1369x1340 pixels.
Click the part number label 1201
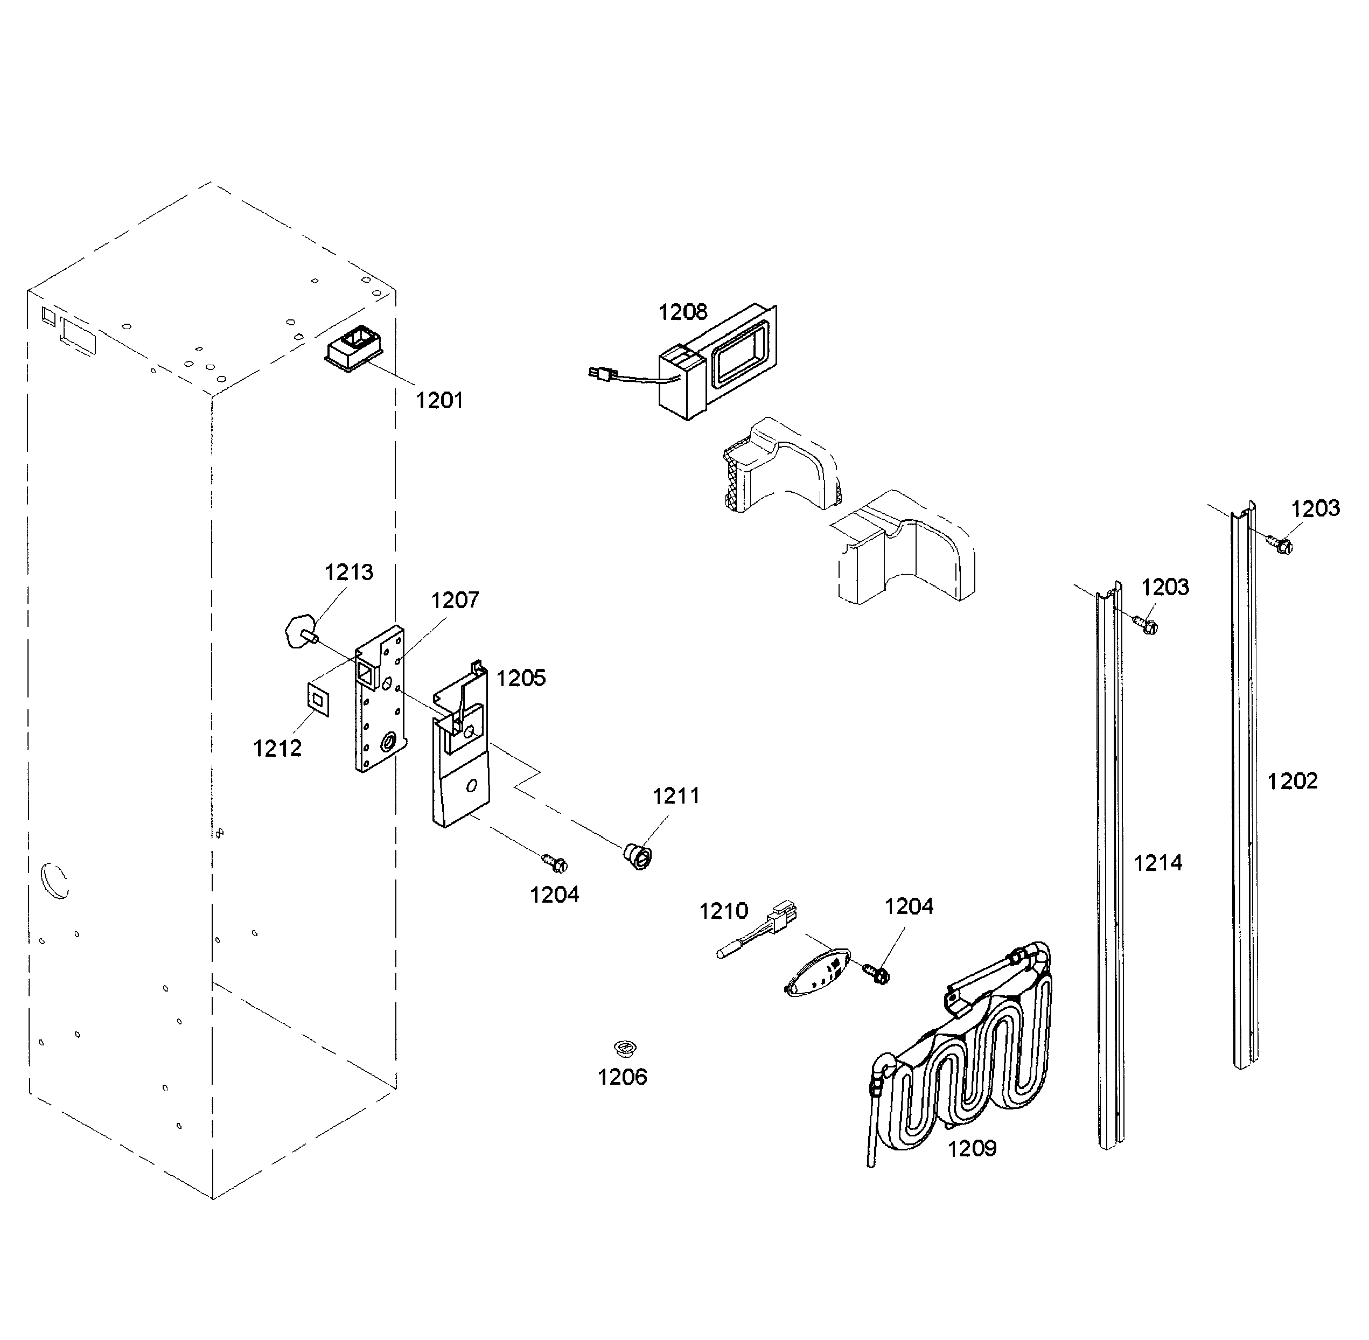(439, 401)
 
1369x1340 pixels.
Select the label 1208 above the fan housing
(682, 312)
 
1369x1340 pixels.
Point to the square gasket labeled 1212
(317, 700)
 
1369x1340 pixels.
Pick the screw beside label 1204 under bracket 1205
(555, 861)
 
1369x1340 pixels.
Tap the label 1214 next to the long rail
(1158, 863)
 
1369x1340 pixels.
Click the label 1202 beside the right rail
(1293, 781)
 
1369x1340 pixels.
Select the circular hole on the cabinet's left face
(55, 880)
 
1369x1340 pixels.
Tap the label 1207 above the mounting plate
(455, 601)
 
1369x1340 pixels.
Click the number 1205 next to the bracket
(521, 679)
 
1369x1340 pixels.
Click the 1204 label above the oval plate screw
(909, 906)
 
